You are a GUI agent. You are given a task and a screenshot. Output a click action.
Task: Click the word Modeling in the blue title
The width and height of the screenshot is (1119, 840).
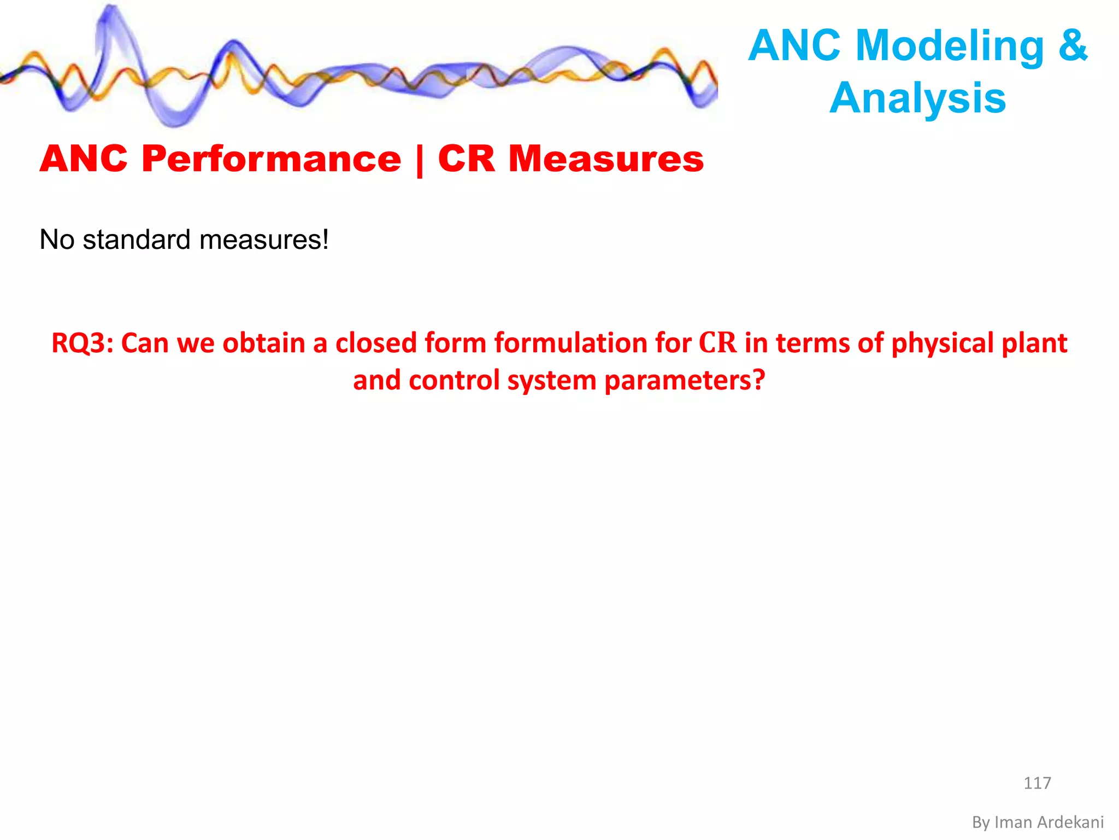pyautogui.click(x=950, y=46)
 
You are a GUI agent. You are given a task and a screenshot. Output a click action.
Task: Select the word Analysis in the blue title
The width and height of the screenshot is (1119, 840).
pyautogui.click(x=917, y=98)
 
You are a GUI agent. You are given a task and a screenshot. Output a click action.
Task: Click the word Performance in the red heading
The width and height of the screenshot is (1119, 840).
pyautogui.click(x=272, y=159)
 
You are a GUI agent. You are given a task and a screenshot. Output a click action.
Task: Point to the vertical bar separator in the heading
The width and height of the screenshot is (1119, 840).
pyautogui.click(x=420, y=160)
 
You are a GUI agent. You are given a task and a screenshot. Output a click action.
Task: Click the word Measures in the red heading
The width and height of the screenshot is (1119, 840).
pyautogui.click(x=606, y=159)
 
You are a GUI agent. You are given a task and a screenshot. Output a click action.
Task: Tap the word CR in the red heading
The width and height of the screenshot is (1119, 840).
pyautogui.click(x=466, y=159)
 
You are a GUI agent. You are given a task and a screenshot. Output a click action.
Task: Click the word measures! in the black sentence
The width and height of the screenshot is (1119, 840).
pyautogui.click(x=264, y=240)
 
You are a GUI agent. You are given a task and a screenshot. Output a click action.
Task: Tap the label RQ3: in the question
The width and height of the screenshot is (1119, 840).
pyautogui.click(x=82, y=343)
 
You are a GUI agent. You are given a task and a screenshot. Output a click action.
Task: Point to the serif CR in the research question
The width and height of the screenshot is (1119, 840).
pyautogui.click(x=718, y=343)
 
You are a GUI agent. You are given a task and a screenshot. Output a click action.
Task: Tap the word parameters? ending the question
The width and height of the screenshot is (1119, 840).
pyautogui.click(x=684, y=381)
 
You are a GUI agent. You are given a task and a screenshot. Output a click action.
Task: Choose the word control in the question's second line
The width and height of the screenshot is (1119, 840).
pyautogui.click(x=454, y=381)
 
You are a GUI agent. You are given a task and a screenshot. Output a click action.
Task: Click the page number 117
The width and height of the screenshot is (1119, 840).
pyautogui.click(x=1036, y=783)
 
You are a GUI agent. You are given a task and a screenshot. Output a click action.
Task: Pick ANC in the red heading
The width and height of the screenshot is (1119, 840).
pyautogui.click(x=84, y=159)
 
